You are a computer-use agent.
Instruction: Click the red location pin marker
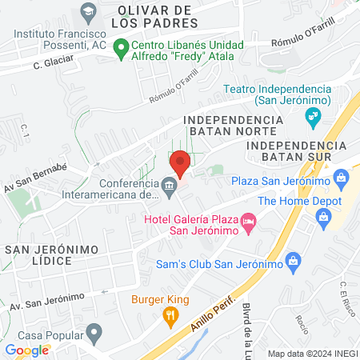click(180, 162)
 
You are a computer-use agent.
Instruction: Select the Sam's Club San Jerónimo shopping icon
click(294, 260)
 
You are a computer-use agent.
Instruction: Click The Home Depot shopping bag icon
click(323, 215)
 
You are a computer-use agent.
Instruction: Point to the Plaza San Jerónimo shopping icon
click(342, 177)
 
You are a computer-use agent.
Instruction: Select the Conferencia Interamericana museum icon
click(169, 188)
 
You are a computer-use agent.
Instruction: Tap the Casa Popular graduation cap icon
click(95, 331)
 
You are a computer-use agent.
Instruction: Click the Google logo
click(27, 350)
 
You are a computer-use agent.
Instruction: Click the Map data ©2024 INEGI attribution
click(312, 354)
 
